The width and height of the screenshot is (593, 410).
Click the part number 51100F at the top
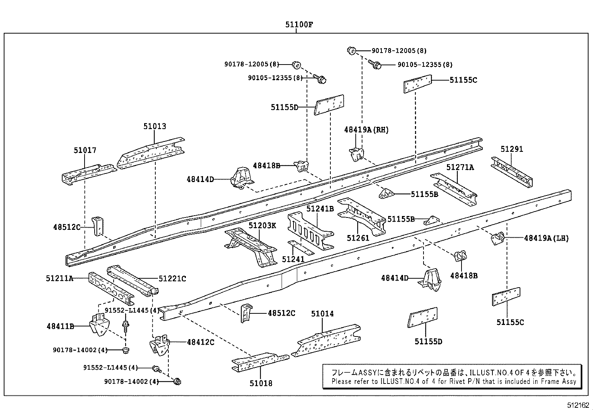pyautogui.click(x=299, y=25)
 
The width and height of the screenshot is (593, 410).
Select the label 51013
pyautogui.click(x=155, y=126)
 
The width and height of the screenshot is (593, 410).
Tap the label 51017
pyautogui.click(x=85, y=150)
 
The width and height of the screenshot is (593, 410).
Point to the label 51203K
pyautogui.click(x=262, y=225)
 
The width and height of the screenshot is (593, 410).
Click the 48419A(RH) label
pyautogui.click(x=366, y=129)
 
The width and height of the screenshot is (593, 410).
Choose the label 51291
pyautogui.click(x=511, y=149)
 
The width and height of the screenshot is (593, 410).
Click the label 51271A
pyautogui.click(x=460, y=167)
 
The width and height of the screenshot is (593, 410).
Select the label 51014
pyautogui.click(x=322, y=314)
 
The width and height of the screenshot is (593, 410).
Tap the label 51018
pyautogui.click(x=261, y=383)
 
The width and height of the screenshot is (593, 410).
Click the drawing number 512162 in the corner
pyautogui.click(x=578, y=405)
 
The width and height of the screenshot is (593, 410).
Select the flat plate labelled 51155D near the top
pyautogui.click(x=329, y=105)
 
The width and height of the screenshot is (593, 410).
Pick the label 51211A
pyautogui.click(x=60, y=278)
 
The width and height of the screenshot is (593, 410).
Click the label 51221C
pyautogui.click(x=172, y=278)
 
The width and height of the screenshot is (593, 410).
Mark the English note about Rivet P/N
pyautogui.click(x=454, y=381)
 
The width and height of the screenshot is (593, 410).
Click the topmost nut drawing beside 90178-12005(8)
pyautogui.click(x=351, y=50)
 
